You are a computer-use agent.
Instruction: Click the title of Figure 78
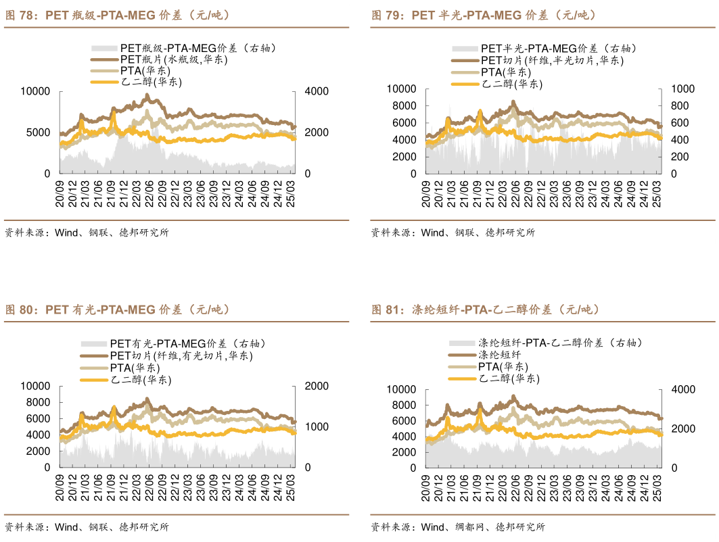119,16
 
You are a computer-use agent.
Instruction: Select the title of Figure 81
486,310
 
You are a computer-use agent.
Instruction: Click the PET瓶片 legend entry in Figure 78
173,59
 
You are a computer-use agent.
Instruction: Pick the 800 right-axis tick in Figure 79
680,105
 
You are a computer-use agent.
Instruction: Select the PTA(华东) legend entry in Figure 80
135,368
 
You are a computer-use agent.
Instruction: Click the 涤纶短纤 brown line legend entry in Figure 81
499,355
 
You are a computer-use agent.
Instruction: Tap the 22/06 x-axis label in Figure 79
515,194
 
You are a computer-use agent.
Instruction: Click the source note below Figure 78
87,232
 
